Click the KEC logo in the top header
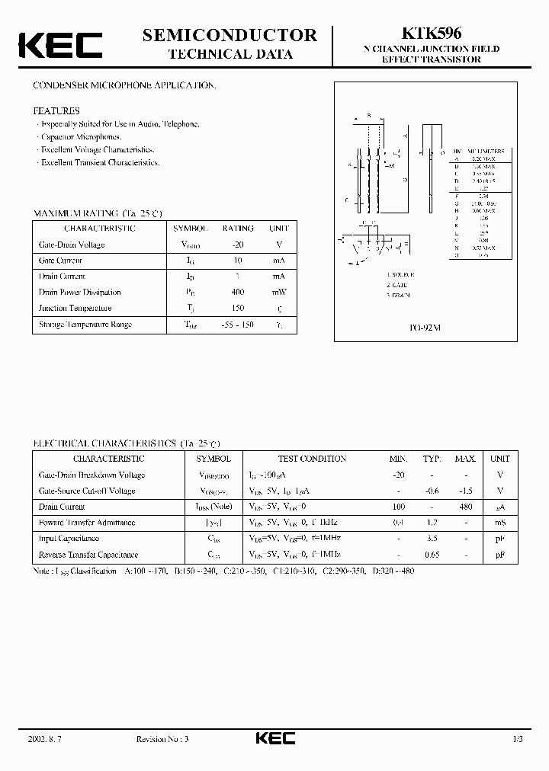[59, 44]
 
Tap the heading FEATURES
[56, 110]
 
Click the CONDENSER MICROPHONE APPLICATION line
[124, 85]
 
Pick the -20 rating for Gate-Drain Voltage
[237, 245]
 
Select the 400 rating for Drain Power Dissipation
[237, 292]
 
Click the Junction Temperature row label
[75, 308]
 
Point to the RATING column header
[238, 229]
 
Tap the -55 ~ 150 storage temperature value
[237, 325]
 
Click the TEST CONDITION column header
[312, 459]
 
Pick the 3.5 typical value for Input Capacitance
[432, 539]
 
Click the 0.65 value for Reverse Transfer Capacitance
[432, 555]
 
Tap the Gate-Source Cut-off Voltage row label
[86, 491]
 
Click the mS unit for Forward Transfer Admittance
[500, 523]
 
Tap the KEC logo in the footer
[274, 738]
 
